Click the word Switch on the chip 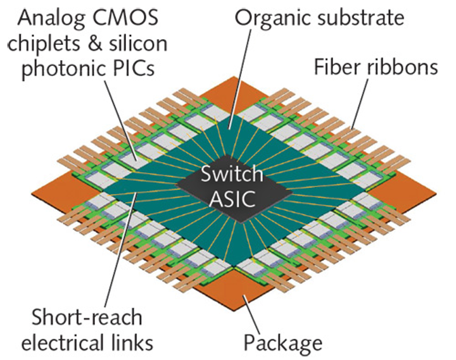pos(230,174)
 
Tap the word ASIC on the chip pos(231,197)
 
